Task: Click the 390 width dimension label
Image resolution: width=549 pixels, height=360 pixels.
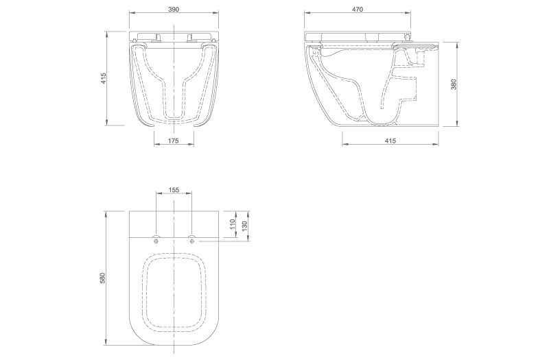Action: coord(174,10)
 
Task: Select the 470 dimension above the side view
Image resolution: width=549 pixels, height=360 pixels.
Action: coord(357,10)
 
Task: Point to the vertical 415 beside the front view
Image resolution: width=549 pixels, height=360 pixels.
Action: coord(102,79)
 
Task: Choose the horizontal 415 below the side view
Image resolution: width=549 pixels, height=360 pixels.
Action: coord(390,140)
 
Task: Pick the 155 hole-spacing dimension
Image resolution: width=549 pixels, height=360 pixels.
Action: coord(174,189)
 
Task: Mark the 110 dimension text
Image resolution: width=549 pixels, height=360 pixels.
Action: coord(233,224)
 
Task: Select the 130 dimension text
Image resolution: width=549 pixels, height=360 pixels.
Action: coord(246,226)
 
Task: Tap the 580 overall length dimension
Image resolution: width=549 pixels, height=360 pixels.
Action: coord(102,278)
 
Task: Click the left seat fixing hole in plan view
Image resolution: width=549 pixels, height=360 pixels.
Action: coord(156,240)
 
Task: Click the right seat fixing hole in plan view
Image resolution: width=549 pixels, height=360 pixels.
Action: coord(191,240)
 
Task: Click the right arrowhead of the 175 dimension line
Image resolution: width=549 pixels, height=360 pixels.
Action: coord(192,145)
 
